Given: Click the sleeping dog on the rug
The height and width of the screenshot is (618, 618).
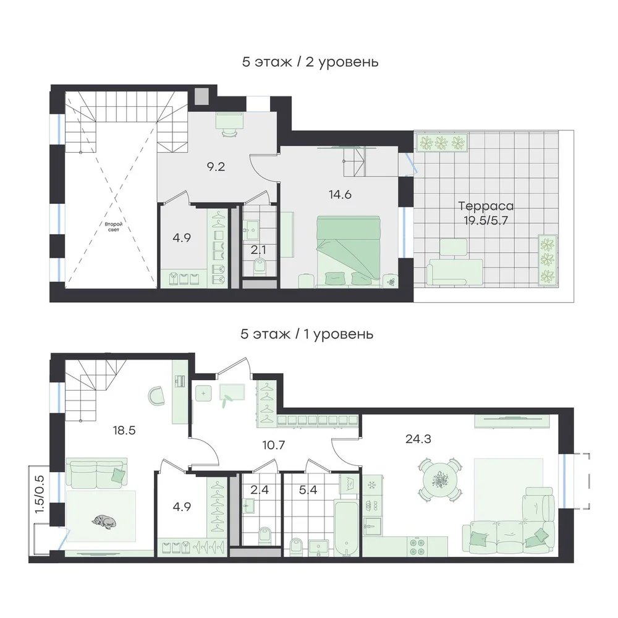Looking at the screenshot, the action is (104, 521).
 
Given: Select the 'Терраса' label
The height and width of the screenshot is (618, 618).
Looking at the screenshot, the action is (486, 206).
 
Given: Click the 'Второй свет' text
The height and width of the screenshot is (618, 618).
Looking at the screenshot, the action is (114, 227).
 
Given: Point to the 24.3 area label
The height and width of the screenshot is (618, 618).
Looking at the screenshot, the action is (418, 439).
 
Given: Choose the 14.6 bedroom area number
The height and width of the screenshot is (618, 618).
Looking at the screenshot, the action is (340, 194).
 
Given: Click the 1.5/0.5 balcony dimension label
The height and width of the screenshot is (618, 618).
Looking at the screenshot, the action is (39, 494).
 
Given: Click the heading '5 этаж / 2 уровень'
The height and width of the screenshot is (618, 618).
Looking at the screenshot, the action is (310, 62).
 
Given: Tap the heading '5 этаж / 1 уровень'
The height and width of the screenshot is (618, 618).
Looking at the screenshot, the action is (307, 334).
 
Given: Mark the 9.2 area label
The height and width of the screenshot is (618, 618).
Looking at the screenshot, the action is (216, 167).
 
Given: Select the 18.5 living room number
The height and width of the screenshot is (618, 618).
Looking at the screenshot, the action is (124, 430).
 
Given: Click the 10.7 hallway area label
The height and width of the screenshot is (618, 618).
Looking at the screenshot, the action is (274, 446).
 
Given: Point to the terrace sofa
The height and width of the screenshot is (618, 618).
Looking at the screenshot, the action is (455, 271).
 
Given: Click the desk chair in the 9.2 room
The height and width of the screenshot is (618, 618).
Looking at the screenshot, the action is (230, 133).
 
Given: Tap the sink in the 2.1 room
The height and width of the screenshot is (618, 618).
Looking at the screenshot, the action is (251, 227).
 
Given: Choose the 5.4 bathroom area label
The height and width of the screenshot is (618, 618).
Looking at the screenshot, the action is (308, 490).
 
